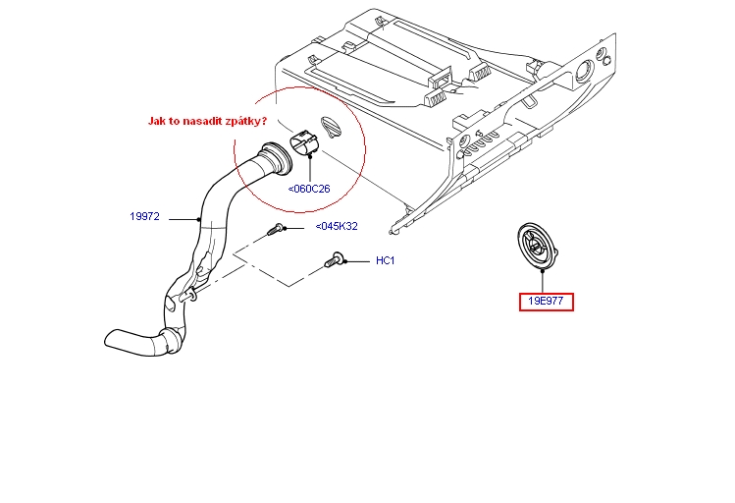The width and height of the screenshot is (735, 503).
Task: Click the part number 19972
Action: pos(144,216)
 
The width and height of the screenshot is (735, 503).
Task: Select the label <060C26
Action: pos(309,189)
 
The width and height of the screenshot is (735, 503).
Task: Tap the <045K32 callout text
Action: pos(337,227)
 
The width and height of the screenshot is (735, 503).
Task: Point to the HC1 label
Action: pos(385,261)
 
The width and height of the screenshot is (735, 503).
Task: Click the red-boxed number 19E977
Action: pos(547,302)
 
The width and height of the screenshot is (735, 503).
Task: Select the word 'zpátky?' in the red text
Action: pos(245,121)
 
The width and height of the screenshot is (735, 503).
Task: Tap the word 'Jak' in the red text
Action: pos(157,121)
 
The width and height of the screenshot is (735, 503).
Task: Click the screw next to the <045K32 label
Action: pos(276,230)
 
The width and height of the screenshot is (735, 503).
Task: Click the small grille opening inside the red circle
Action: pos(331,129)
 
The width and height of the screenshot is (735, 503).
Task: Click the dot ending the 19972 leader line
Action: pos(201,218)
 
